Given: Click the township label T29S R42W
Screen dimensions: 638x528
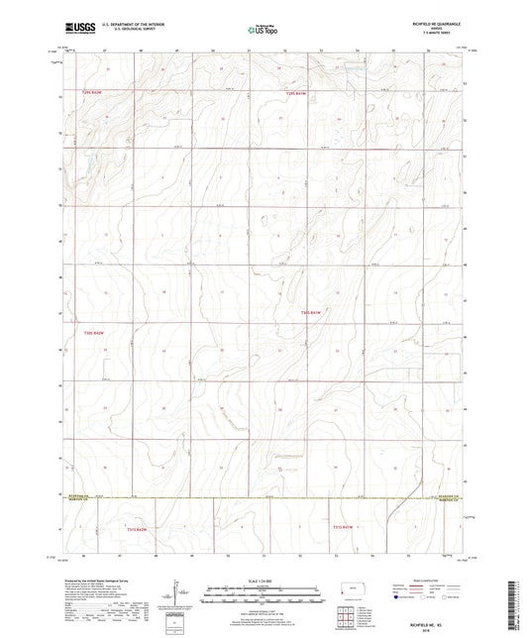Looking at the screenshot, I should click(x=91, y=92).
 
